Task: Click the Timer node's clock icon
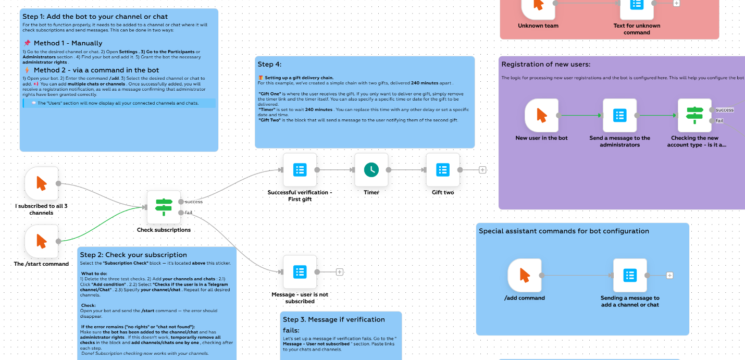tap(371, 170)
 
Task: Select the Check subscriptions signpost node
tap(164, 207)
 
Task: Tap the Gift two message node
tap(443, 170)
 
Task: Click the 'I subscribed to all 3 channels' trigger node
tap(42, 183)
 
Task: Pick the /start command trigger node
tap(42, 241)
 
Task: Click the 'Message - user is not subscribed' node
tap(300, 271)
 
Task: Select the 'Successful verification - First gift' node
tap(300, 170)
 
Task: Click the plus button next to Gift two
tap(482, 170)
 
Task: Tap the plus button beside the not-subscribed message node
tap(340, 272)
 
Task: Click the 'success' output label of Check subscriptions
tap(193, 202)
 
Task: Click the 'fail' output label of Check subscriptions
tap(189, 213)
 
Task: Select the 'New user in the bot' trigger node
tap(542, 116)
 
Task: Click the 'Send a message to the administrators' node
tap(619, 116)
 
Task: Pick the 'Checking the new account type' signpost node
tap(694, 116)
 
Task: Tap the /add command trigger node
tap(525, 275)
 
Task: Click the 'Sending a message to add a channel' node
tap(630, 275)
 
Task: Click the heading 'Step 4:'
tap(269, 64)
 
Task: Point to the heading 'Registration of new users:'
tap(545, 64)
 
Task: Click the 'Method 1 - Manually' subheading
tap(68, 43)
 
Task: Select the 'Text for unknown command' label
tap(637, 29)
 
